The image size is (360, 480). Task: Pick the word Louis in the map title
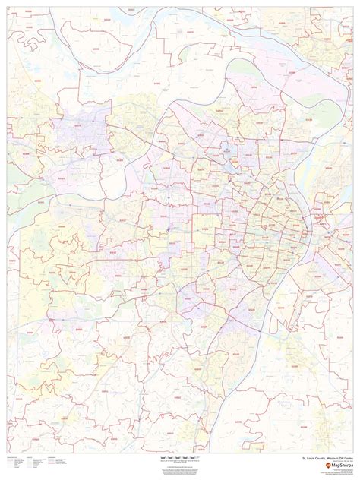tap(307, 459)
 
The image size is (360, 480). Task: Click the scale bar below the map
tap(179, 459)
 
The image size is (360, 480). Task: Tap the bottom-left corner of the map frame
tap(8, 453)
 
